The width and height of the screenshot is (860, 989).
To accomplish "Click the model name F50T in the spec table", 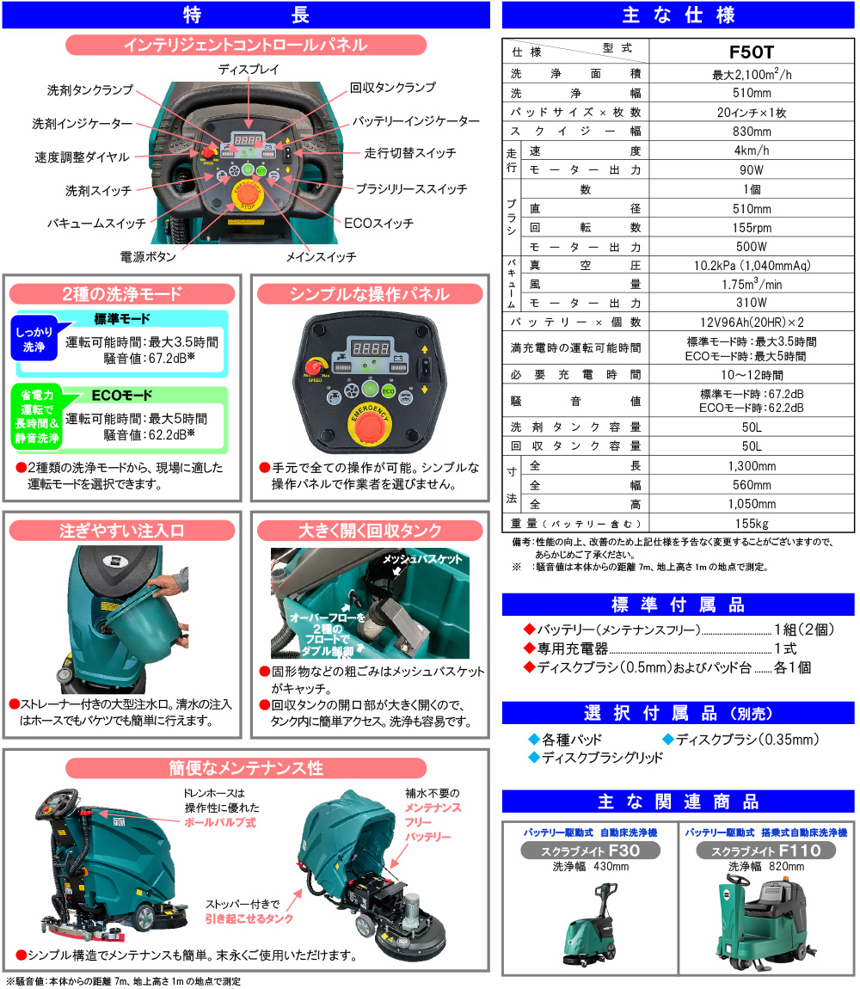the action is [751, 52].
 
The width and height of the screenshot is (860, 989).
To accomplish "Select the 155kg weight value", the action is [752, 524].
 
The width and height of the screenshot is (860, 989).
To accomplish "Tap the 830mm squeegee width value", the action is [752, 132].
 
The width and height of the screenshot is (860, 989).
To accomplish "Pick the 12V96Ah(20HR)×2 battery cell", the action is [752, 322].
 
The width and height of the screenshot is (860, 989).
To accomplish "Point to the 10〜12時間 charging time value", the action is [752, 375].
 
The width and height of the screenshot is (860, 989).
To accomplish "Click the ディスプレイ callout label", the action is [249, 70].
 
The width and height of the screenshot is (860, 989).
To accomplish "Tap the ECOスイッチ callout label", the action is [378, 224].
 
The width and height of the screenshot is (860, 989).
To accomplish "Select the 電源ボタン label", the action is [148, 257].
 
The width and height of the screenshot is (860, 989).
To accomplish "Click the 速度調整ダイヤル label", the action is [82, 157].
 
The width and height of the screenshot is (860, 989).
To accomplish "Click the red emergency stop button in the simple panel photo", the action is [370, 424].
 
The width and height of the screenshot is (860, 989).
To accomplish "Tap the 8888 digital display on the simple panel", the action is [370, 348].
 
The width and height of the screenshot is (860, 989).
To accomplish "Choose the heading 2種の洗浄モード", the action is [122, 294].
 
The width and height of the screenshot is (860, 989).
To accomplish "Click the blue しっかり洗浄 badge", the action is [34, 340].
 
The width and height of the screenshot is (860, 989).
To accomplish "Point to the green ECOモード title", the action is [122, 395].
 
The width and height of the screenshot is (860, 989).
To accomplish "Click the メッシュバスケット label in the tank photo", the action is [422, 560].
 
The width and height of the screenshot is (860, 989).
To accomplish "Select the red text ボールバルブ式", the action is [220, 822].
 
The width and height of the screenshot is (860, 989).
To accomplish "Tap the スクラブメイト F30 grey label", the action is [590, 851].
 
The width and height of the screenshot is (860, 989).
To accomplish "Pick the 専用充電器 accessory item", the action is [572, 648].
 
